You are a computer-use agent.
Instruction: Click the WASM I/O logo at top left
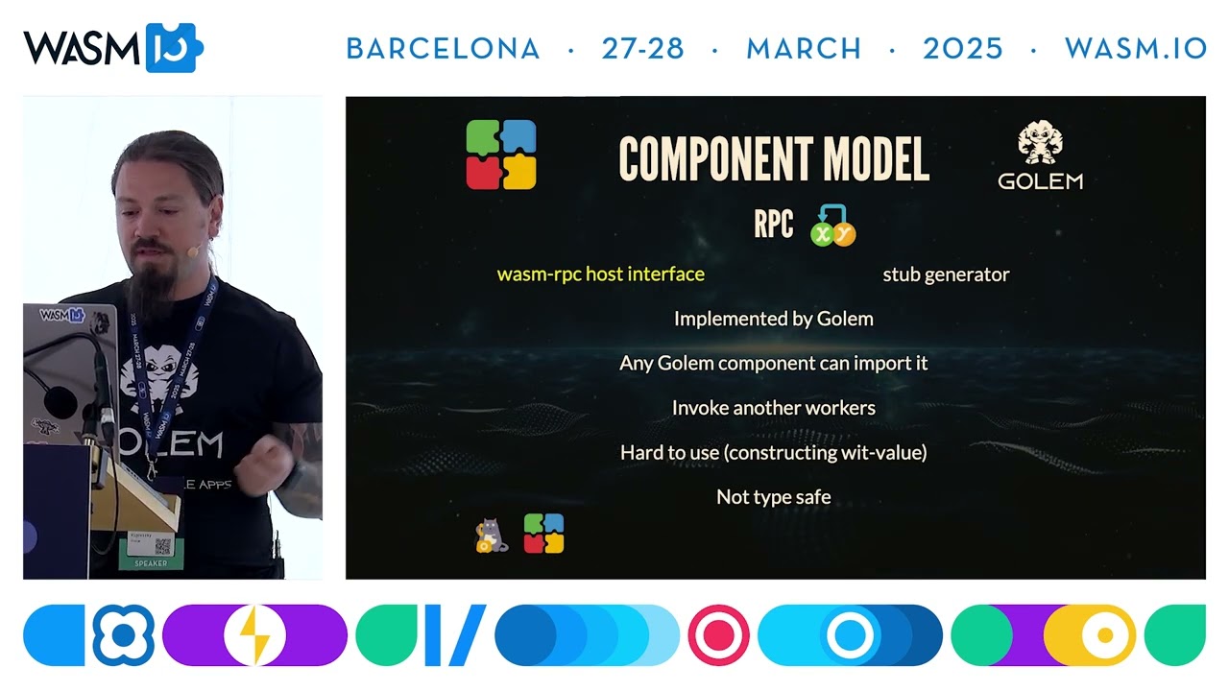tap(112, 48)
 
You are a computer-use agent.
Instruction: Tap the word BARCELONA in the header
tap(443, 49)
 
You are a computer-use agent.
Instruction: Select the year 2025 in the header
tap(962, 49)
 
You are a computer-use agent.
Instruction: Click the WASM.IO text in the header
tap(1136, 49)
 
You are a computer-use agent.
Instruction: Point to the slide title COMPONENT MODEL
tap(774, 159)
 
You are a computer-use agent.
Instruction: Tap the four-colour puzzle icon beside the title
tap(501, 155)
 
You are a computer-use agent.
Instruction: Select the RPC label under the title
tap(773, 225)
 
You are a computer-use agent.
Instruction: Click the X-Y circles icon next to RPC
tap(831, 226)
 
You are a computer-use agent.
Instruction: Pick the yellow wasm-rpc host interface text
tap(600, 274)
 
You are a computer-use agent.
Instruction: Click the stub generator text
tap(946, 274)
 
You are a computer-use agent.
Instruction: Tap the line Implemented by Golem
tap(773, 319)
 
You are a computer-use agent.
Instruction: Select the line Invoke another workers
tap(773, 408)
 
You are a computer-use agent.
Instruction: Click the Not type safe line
tap(773, 497)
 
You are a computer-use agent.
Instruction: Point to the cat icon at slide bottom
tap(491, 536)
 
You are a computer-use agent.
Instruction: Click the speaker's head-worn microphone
tap(193, 251)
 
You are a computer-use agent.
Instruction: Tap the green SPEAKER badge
tap(151, 562)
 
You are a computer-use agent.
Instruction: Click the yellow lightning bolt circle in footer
tap(254, 635)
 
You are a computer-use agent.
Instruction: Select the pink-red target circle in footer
tap(718, 635)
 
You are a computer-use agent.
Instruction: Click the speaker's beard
tap(149, 288)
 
